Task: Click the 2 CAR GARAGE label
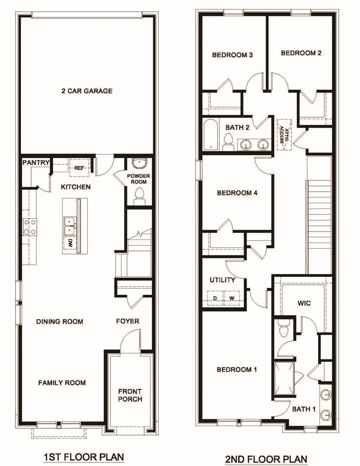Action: click(87, 91)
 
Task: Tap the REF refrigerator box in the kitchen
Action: click(79, 168)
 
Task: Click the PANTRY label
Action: click(36, 162)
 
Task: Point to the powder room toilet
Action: click(139, 196)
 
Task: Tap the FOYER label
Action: click(128, 321)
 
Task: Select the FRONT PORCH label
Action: click(130, 395)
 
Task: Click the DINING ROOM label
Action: click(60, 322)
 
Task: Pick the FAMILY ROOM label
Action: click(62, 383)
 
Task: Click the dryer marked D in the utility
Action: click(215, 298)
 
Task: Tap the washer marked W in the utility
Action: click(231, 298)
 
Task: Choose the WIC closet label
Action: click(304, 303)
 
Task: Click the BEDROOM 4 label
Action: click(237, 193)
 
